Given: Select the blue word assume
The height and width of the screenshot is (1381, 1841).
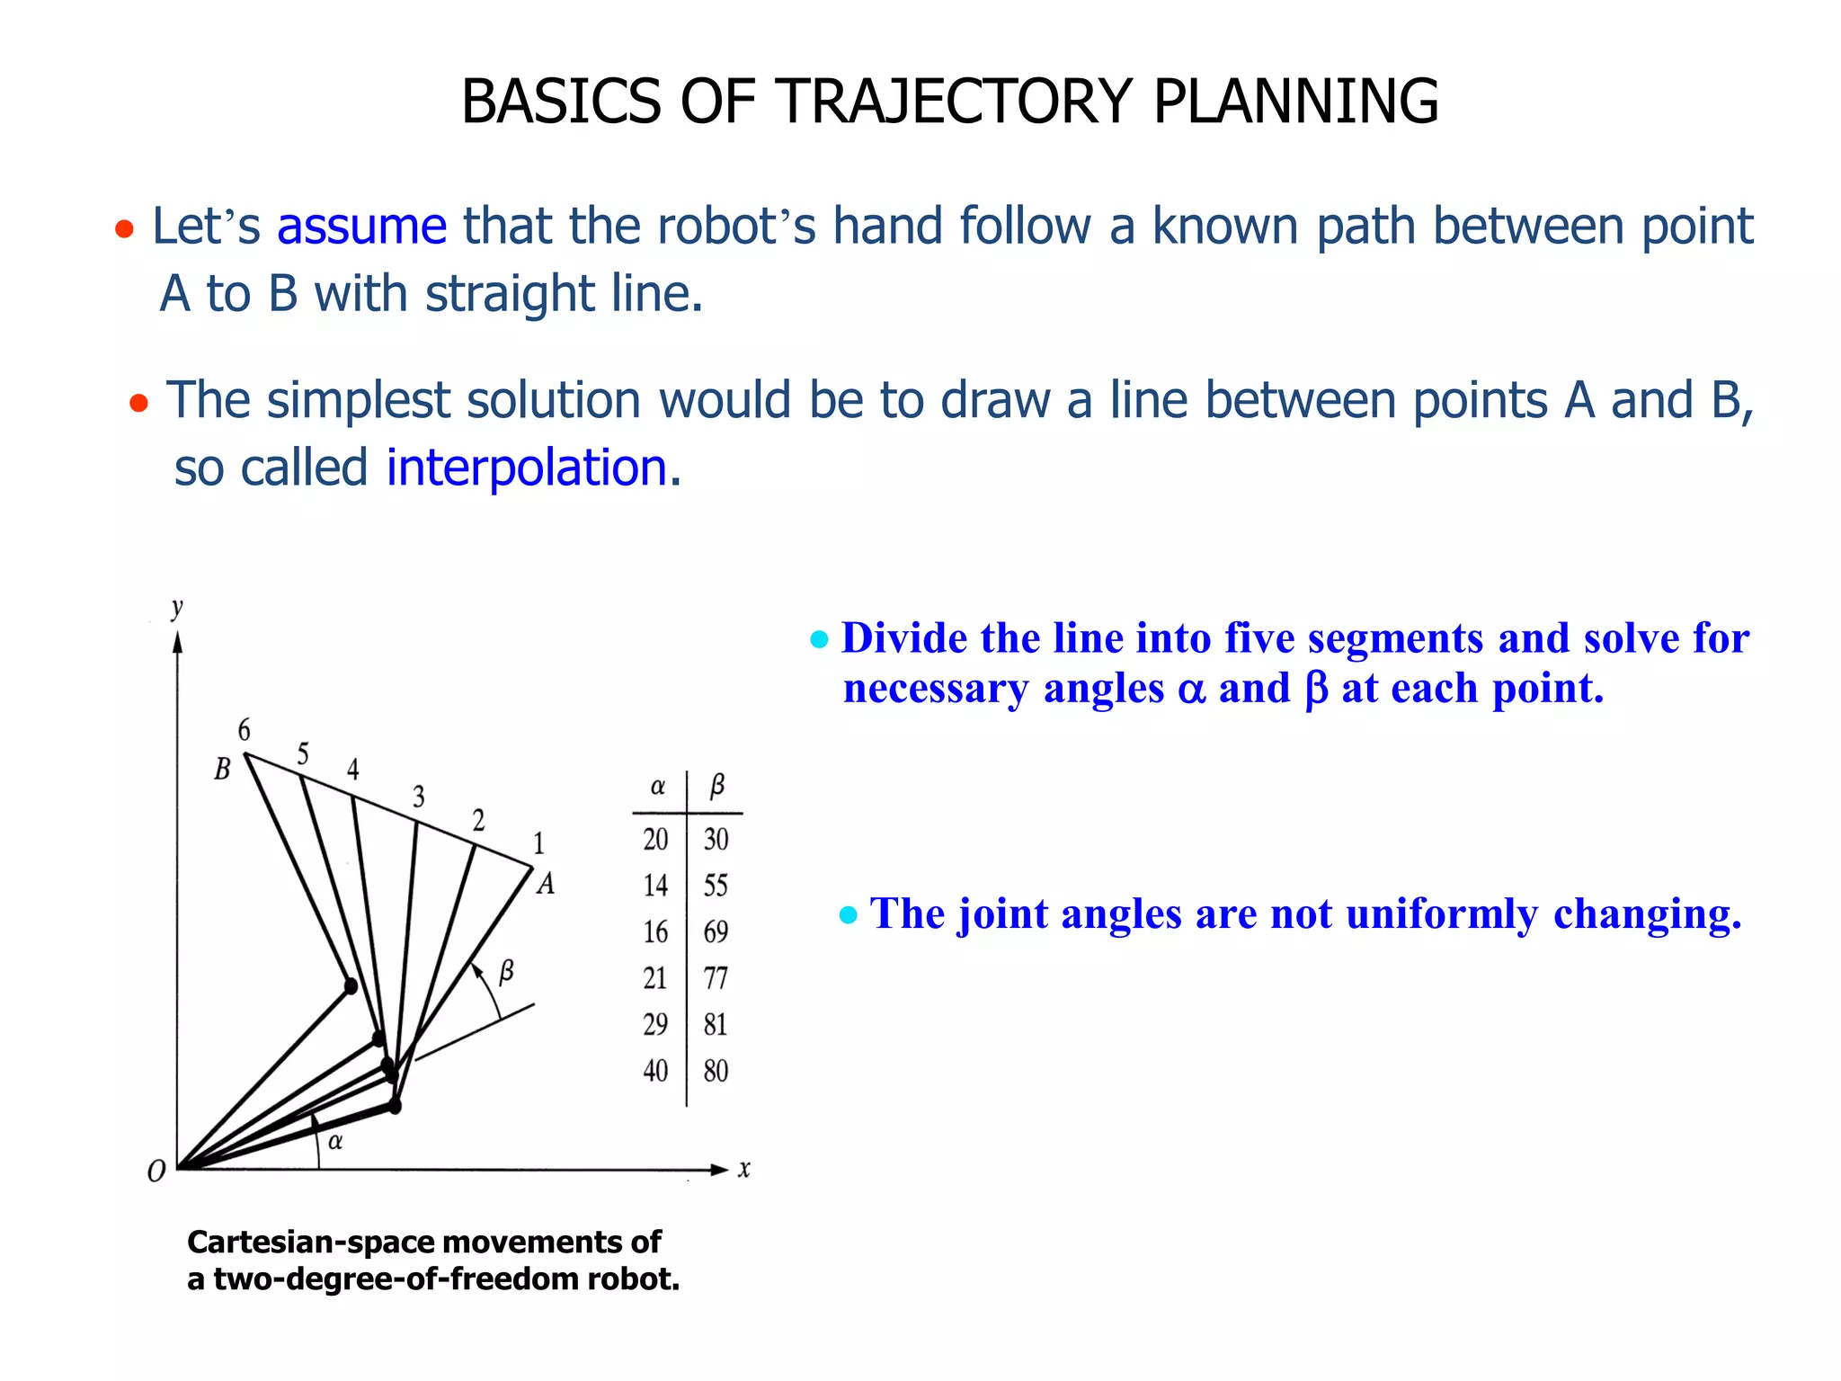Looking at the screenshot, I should tap(361, 226).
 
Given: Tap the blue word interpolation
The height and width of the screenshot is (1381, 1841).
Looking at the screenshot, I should tap(527, 468).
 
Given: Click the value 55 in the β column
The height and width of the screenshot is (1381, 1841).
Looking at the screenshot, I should tap(716, 886).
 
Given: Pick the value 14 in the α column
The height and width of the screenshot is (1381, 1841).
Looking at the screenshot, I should tap(655, 886).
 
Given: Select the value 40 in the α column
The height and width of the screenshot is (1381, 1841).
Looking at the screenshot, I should tap(655, 1071).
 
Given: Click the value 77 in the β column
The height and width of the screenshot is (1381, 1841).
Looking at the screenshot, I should tap(716, 978).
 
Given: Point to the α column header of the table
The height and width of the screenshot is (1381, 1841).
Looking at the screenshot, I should tap(658, 787).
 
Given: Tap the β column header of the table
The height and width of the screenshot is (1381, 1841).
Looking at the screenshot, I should tap(717, 787).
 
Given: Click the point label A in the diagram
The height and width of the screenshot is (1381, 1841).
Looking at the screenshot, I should tap(546, 885).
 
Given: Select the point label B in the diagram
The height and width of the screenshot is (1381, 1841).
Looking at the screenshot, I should tap(222, 770).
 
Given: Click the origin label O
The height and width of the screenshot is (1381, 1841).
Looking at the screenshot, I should tap(156, 1172).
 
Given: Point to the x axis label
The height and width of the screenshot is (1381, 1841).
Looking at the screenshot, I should tap(744, 1170).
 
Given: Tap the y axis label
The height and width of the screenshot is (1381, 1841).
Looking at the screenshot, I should tap(177, 608).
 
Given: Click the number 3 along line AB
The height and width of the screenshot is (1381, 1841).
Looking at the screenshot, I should tap(419, 797).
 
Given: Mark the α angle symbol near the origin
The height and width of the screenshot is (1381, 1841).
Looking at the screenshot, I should tap(335, 1143).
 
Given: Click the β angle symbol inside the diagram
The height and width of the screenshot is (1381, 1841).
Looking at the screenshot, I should tap(507, 971).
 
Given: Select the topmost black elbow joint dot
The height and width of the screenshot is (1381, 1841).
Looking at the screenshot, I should tap(351, 986).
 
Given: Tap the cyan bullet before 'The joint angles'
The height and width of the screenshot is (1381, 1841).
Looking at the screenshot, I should tap(849, 916).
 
